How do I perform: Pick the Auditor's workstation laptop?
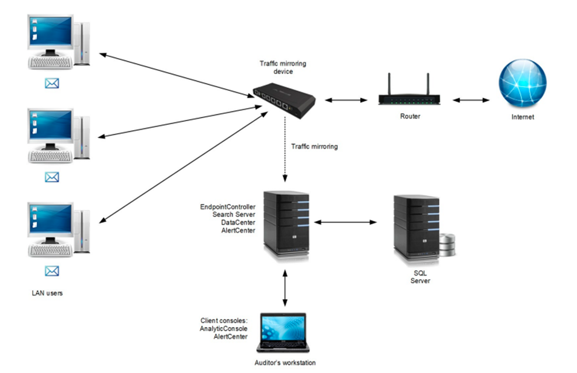[283, 332]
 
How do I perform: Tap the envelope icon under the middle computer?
[52, 177]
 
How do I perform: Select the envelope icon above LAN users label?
[52, 271]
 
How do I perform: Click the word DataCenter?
[238, 223]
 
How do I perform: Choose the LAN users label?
[47, 293]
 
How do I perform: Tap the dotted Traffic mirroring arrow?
[285, 151]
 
